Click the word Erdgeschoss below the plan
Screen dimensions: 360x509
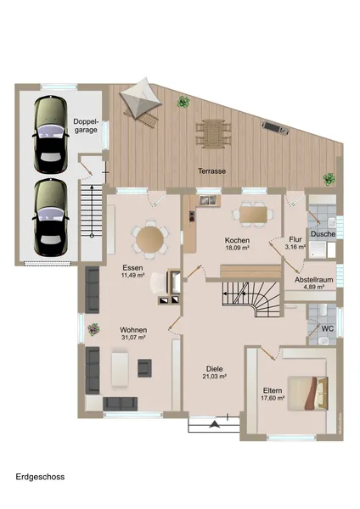[40, 477]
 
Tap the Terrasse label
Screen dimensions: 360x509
[212, 171]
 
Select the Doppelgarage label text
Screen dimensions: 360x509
[86, 126]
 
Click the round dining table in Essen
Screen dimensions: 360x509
[149, 239]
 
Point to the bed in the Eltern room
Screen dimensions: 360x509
[307, 394]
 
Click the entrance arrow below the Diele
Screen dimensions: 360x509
[214, 424]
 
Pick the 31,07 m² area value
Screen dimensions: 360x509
[133, 338]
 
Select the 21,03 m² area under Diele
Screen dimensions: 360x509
[215, 376]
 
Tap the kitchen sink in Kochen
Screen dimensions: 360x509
[208, 200]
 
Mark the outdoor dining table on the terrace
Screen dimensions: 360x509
[213, 133]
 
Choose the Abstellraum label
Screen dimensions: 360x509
[314, 279]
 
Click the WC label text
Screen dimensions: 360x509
[328, 328]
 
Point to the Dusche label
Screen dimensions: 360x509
[323, 234]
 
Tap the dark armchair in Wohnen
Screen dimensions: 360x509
[144, 368]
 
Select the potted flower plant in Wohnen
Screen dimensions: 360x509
[93, 329]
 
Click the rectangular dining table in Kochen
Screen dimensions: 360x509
[253, 215]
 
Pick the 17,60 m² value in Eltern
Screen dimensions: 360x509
[273, 398]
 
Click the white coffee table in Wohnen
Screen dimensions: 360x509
[120, 369]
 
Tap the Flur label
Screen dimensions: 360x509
[295, 239]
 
